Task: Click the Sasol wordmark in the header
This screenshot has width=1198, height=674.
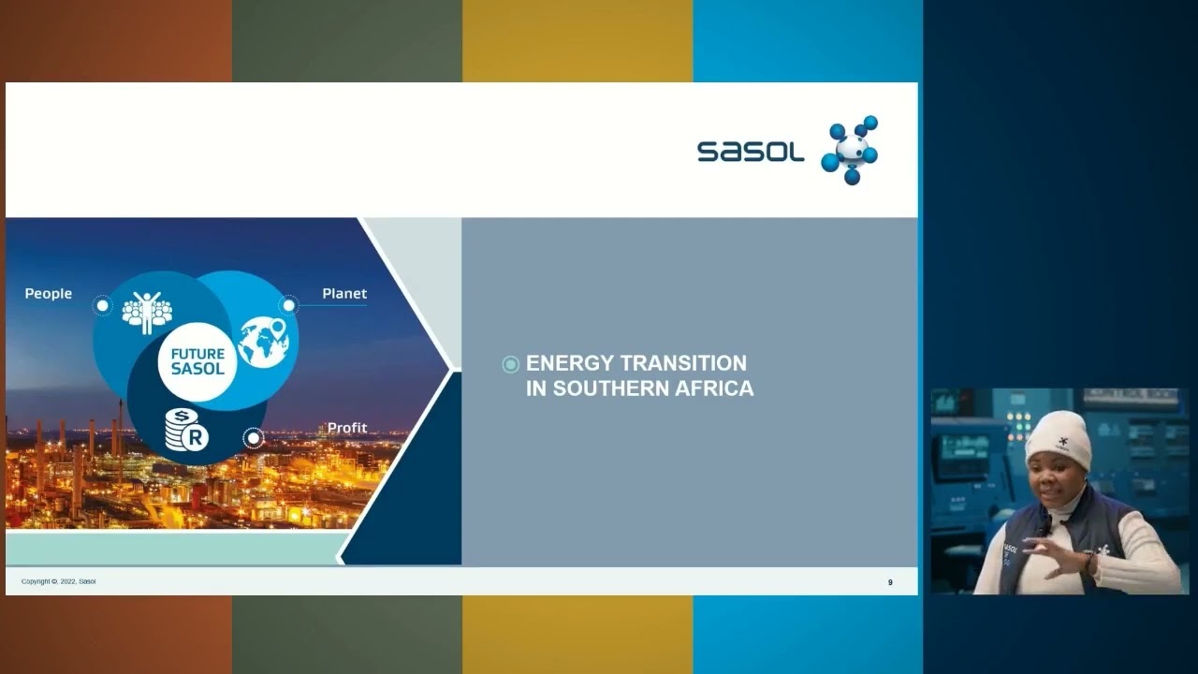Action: (751, 152)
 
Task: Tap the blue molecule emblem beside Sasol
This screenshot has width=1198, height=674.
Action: (851, 150)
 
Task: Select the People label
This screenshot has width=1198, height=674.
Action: (49, 294)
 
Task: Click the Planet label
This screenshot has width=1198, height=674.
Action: (344, 294)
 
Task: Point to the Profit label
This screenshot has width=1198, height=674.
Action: (347, 428)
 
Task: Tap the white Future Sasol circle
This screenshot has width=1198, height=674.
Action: (197, 361)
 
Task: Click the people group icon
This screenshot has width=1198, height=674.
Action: (147, 313)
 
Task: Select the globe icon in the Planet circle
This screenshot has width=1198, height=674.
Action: (263, 343)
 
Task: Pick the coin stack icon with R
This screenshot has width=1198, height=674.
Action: (185, 431)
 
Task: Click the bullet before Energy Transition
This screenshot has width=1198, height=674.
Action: (510, 364)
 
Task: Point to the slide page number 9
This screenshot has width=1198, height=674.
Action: (890, 582)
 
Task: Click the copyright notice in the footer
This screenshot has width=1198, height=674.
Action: (59, 582)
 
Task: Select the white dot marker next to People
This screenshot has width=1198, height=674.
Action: (103, 305)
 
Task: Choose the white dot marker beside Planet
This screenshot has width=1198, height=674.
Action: (289, 305)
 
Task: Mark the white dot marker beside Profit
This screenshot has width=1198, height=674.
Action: (252, 437)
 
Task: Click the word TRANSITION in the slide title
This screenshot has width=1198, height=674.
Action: (683, 363)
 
